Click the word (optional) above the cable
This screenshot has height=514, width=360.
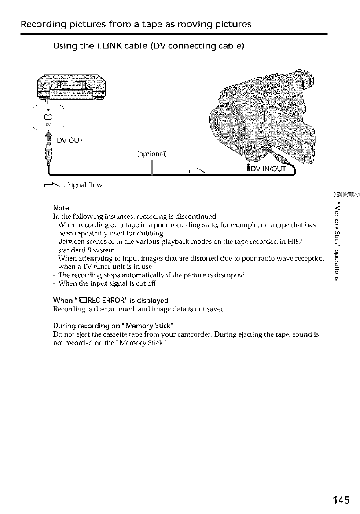pyautogui.click(x=152, y=154)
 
